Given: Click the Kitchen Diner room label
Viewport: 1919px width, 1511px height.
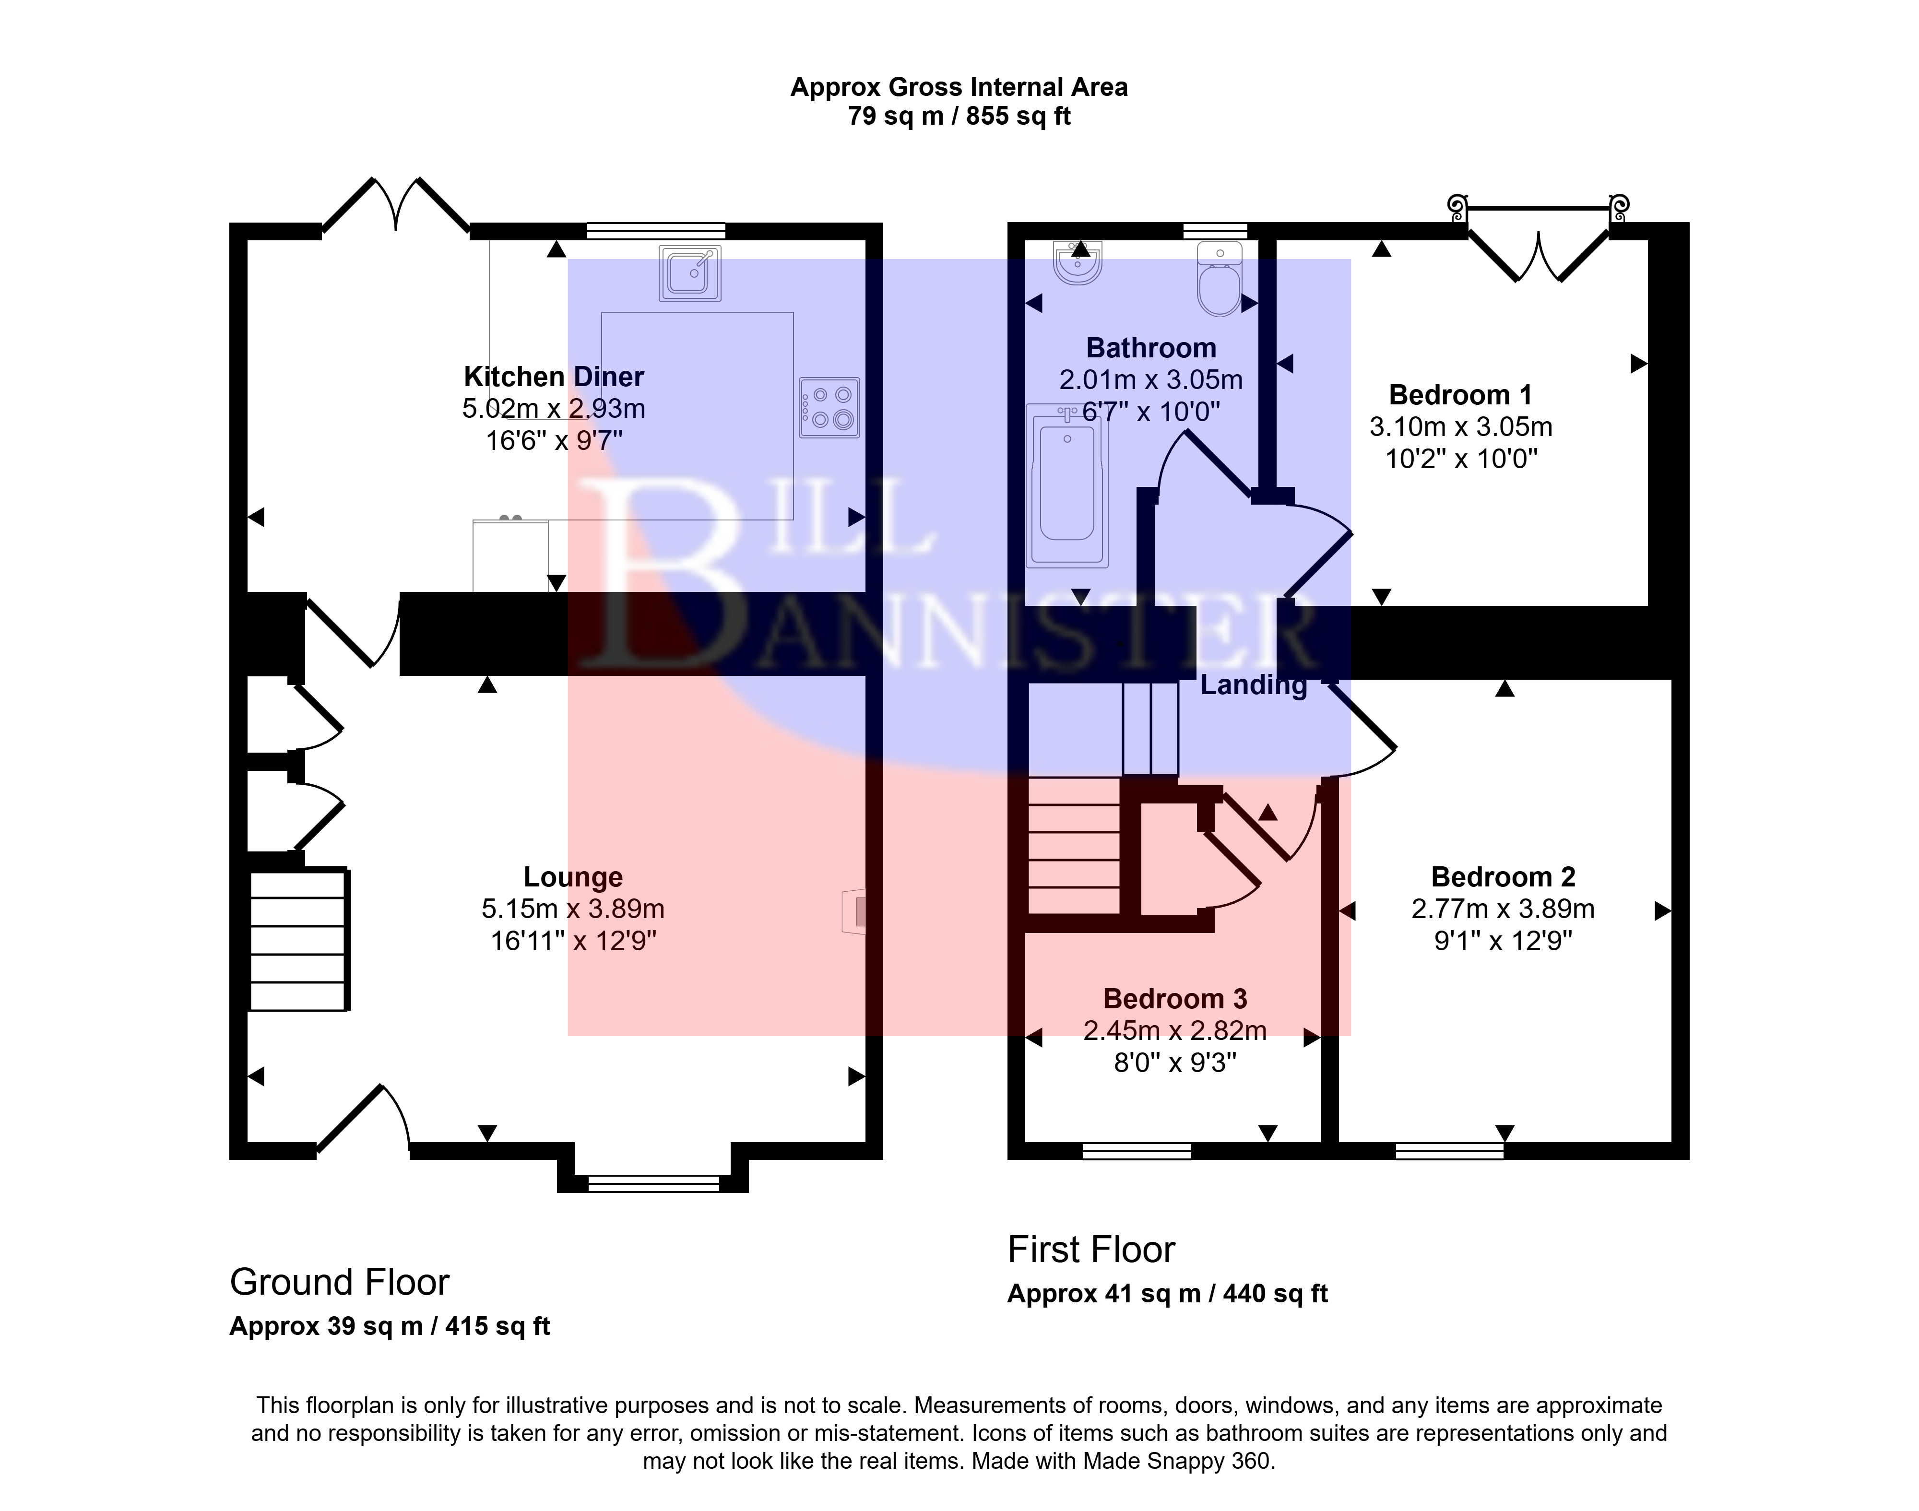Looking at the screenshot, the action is tap(554, 377).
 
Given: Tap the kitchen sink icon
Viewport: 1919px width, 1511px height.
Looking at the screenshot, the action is tap(690, 272).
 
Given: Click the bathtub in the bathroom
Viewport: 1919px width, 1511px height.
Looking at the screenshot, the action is tap(1067, 485).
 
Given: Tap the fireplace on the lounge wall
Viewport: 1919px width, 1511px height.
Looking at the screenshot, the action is tap(854, 910).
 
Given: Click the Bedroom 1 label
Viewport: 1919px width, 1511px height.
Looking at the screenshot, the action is tap(1461, 395).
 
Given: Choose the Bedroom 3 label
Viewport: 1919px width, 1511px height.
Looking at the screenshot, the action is tap(1175, 999).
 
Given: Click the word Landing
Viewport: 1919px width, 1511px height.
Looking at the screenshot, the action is tap(1253, 685).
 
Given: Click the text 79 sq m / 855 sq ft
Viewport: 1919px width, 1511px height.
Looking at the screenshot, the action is tap(959, 116).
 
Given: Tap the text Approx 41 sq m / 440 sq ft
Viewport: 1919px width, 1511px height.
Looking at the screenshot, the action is tap(1168, 1294).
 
